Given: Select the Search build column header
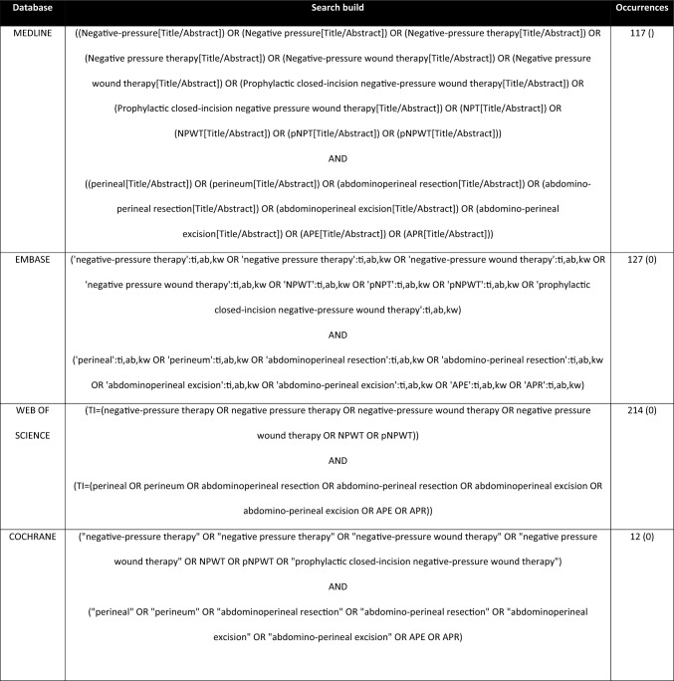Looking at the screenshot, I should point(338,8).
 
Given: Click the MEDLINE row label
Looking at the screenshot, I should point(33,33).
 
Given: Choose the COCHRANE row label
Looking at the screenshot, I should point(37,537).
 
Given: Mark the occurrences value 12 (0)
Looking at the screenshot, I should point(640,537).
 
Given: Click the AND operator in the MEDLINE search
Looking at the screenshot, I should point(338,157).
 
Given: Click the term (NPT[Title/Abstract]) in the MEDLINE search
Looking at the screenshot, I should point(527,108).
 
